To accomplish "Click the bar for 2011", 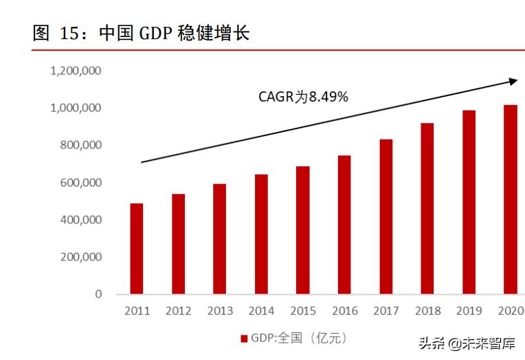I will click(137, 249).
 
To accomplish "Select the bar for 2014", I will click(261, 234).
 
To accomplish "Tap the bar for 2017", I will click(386, 216).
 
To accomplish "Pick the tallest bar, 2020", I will click(510, 199).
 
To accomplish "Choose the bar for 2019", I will click(469, 202).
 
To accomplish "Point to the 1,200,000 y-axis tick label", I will click(76, 71).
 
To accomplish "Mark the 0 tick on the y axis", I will click(98, 294).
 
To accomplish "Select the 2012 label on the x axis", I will click(178, 311).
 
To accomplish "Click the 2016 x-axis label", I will click(344, 311).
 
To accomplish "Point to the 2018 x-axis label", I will click(427, 311).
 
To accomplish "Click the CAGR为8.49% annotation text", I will click(303, 97).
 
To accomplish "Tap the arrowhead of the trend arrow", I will click(513, 81).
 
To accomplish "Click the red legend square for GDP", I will click(243, 338).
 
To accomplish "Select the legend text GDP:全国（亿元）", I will click(298, 338).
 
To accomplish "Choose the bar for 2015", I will click(302, 230).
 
